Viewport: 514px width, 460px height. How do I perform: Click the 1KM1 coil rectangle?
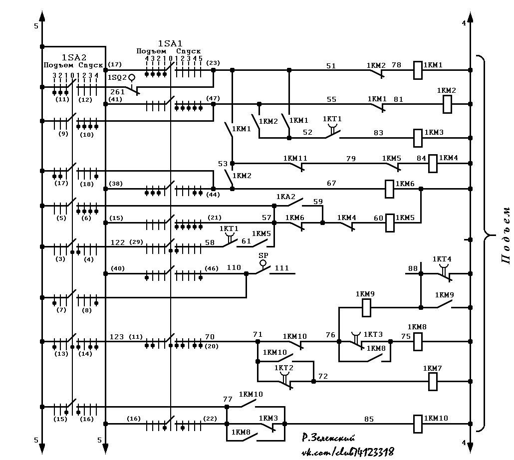(x=417, y=70)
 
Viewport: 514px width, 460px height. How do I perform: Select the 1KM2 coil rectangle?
(x=447, y=104)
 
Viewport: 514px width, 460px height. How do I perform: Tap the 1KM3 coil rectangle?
(x=417, y=138)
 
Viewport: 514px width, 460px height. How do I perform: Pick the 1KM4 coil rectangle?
(x=433, y=164)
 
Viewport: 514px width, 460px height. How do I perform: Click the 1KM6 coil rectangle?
(x=389, y=189)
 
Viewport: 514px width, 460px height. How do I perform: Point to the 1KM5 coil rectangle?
(x=389, y=223)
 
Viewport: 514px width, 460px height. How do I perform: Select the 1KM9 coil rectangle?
(x=366, y=308)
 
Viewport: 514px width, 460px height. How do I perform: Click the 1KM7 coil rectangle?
(x=433, y=381)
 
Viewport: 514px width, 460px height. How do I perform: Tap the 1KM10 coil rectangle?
(x=417, y=424)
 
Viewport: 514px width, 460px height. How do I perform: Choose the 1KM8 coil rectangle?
(x=417, y=342)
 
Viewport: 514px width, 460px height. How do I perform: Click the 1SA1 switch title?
(x=170, y=43)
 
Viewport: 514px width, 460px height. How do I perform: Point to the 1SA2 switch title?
(x=74, y=57)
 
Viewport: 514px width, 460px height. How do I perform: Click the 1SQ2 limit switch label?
(x=117, y=78)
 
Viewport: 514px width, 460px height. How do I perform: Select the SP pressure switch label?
(x=263, y=255)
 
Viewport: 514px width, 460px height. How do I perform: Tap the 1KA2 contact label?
(x=286, y=197)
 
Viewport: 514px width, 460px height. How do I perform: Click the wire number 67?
(x=331, y=183)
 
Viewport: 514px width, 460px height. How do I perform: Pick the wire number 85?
(x=369, y=419)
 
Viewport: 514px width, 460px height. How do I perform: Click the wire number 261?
(x=118, y=92)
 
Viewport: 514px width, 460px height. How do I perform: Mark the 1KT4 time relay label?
(x=442, y=259)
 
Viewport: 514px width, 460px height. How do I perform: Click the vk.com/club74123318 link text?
(x=347, y=453)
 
